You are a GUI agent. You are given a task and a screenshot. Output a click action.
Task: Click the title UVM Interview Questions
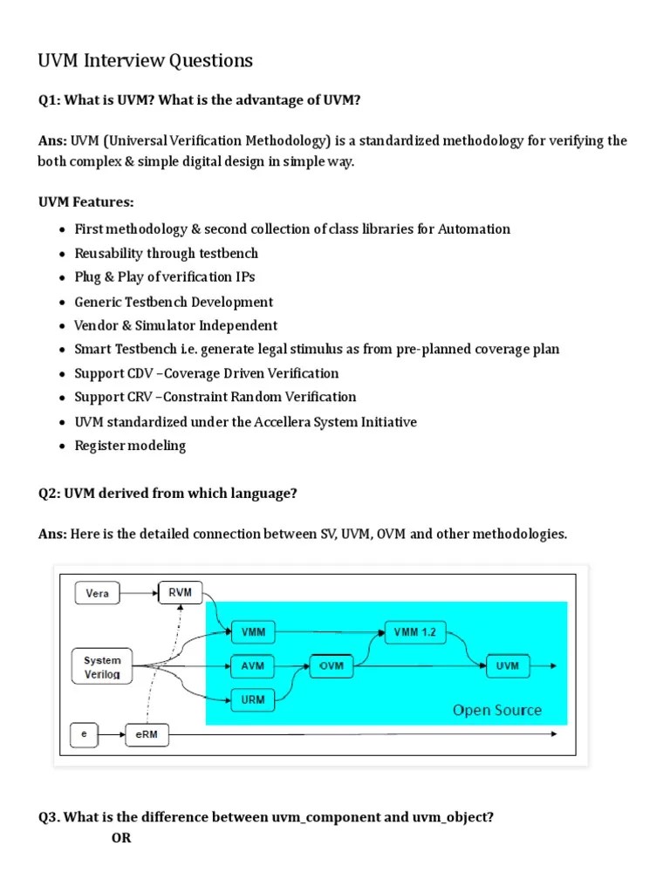pyautogui.click(x=145, y=60)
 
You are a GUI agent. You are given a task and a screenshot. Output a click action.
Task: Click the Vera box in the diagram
pyautogui.click(x=98, y=594)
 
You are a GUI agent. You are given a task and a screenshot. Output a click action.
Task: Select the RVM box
pyautogui.click(x=180, y=594)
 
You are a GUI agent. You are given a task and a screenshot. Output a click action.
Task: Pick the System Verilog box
pyautogui.click(x=102, y=666)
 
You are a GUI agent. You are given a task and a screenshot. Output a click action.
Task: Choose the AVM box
pyautogui.click(x=252, y=666)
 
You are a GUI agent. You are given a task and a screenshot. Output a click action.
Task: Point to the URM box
pyautogui.click(x=252, y=699)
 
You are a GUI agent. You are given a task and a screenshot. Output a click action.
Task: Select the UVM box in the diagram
pyautogui.click(x=507, y=666)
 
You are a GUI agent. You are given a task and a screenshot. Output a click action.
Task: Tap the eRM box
pyautogui.click(x=146, y=734)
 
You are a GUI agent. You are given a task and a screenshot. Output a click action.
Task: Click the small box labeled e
pyautogui.click(x=85, y=734)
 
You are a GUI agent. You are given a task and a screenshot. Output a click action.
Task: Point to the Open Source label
pyautogui.click(x=496, y=710)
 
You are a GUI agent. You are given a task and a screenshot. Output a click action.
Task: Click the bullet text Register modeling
pyautogui.click(x=130, y=446)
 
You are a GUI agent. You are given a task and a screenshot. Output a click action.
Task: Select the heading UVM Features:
pyautogui.click(x=85, y=202)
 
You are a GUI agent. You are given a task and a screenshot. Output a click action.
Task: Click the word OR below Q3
pyautogui.click(x=121, y=839)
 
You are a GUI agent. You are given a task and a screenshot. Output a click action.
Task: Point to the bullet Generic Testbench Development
pyautogui.click(x=174, y=302)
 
